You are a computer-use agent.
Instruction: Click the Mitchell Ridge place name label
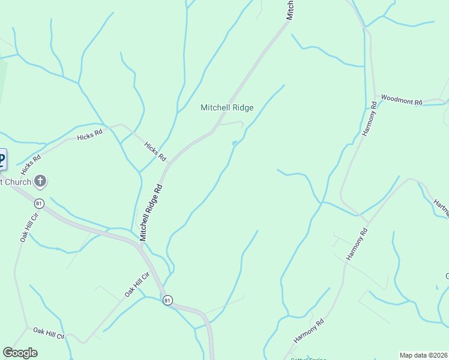227,108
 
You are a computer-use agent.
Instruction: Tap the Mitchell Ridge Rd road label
151,213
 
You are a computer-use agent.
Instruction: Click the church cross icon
40,181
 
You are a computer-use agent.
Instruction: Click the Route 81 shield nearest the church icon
39,203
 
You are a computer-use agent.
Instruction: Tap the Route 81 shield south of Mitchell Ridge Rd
167,300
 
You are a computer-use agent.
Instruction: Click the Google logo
20,353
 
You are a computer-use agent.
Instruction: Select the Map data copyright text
424,355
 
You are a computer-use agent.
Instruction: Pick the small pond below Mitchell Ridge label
234,143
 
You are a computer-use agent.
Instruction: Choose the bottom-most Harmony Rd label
309,331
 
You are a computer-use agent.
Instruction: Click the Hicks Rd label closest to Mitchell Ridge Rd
155,151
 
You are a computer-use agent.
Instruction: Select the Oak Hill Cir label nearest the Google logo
48,333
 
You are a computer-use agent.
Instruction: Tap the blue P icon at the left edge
2,160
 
